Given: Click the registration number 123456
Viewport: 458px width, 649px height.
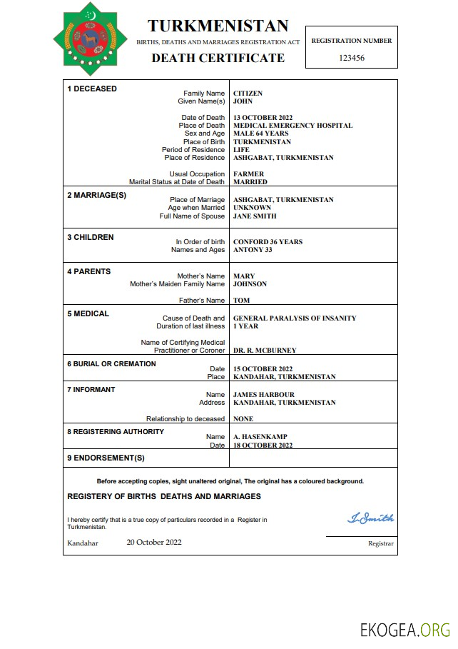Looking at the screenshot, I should tap(352, 58).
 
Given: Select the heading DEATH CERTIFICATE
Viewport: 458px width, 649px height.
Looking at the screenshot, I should tap(218, 58).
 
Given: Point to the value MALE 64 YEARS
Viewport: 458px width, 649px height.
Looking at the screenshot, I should tap(261, 134).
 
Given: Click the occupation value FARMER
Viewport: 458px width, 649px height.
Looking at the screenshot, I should tap(248, 174).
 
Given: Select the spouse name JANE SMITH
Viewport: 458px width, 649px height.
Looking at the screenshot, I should tap(255, 216).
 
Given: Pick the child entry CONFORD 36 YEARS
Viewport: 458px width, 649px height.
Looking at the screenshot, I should tap(268, 242).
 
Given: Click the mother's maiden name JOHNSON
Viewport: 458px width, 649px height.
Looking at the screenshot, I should tap(250, 284).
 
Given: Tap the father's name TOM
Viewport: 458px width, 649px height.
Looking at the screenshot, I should tap(241, 301).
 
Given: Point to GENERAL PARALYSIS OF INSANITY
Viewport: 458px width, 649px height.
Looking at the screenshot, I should tap(295, 318).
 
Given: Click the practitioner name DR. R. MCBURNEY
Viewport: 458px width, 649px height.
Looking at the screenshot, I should tap(265, 351).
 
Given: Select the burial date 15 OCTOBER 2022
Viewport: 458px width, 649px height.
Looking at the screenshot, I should tap(263, 368).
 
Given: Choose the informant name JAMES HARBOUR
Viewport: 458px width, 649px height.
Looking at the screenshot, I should tap(263, 395).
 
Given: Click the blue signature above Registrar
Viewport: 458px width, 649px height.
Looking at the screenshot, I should tap(370, 518).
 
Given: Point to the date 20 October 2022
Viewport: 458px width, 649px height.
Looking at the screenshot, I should tap(154, 542).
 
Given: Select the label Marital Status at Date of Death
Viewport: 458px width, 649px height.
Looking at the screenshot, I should tap(176, 182).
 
